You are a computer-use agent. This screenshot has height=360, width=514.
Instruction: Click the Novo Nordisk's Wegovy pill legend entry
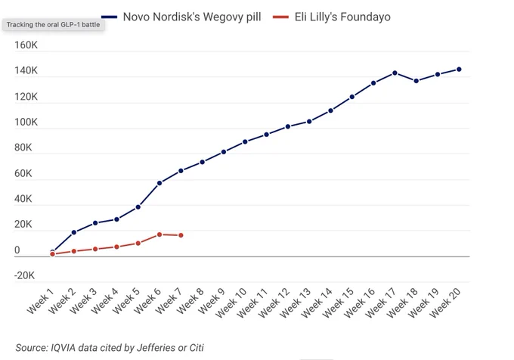click(181, 17)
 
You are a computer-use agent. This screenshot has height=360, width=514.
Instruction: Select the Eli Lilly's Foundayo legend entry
click(331, 17)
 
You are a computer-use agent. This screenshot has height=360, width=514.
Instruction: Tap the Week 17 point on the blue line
click(395, 73)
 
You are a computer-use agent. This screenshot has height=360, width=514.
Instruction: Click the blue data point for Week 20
click(459, 70)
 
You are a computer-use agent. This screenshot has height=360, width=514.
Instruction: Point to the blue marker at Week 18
click(416, 81)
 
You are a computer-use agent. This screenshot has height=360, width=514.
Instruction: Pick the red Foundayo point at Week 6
click(159, 234)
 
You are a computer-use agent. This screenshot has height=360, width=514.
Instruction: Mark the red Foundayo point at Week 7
click(181, 235)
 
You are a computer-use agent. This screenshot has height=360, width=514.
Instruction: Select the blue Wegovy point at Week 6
click(159, 183)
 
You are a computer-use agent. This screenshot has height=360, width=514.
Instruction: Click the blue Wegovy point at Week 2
click(74, 232)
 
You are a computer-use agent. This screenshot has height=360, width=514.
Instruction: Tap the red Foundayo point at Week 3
click(95, 249)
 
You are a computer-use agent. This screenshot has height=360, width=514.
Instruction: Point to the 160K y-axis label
click(26, 45)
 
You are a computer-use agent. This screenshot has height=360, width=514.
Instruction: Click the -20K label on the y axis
click(24, 275)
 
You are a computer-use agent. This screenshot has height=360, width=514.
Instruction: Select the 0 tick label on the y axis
click(17, 250)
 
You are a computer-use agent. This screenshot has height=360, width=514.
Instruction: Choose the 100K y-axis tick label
click(26, 123)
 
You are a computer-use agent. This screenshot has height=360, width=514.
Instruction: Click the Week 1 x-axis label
click(40, 302)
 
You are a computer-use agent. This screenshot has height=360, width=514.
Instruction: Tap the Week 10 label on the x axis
click(231, 303)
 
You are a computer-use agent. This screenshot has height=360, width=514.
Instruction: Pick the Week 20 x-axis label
click(445, 303)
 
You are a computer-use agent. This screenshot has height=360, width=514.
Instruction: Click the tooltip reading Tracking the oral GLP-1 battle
click(54, 25)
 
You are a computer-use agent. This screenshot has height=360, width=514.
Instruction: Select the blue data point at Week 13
click(309, 122)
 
